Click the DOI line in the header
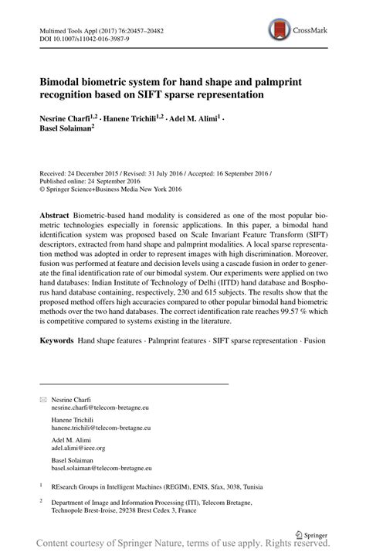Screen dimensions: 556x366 pyautogui.click(x=75, y=39)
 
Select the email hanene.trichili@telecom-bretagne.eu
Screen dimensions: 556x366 pyautogui.click(x=100, y=427)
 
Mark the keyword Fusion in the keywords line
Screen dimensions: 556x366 pyautogui.click(x=313, y=340)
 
